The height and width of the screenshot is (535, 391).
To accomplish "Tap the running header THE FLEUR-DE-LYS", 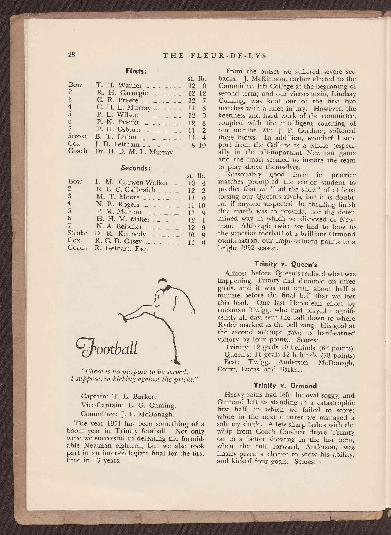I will [x=215, y=56].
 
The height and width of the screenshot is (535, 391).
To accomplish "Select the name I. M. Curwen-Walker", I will [x=132, y=183].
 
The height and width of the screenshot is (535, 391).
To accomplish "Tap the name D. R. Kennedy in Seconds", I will [x=120, y=234].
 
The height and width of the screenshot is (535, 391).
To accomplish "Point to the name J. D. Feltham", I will [x=118, y=145].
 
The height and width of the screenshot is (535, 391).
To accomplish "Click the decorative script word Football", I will [x=106, y=348].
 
